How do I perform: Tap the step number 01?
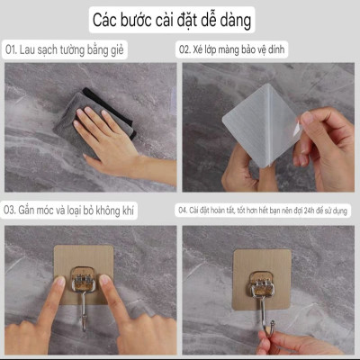pos(13,50)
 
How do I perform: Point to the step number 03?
pos(13,209)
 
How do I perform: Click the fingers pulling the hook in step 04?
pos(288,340)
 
